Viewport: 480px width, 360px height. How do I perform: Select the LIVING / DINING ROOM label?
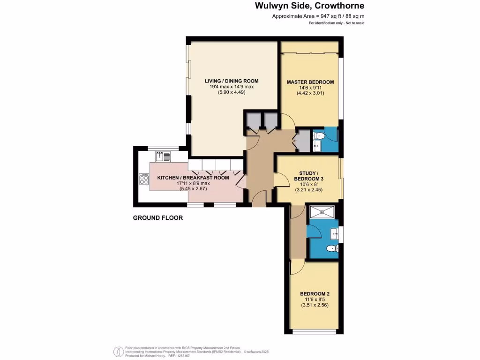point(231,81)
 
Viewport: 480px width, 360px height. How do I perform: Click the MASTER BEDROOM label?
point(310,82)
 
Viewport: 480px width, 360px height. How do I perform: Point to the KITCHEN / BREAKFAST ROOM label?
point(193,178)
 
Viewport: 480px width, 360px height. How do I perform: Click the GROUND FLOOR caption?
point(157,218)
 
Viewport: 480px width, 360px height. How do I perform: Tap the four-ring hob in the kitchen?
point(143,179)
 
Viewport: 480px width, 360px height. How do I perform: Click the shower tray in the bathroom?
point(322,211)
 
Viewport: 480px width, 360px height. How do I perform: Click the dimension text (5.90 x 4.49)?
point(231,93)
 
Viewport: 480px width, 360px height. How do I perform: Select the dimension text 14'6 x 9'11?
point(310,88)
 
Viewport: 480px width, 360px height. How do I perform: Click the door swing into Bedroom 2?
point(297,268)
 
